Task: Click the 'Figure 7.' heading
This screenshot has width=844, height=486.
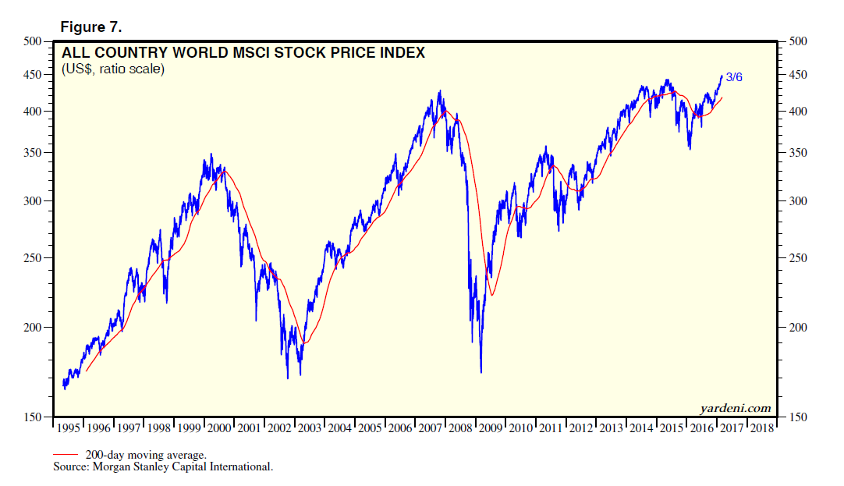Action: [x=90, y=27]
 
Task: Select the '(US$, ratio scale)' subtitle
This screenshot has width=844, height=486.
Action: [x=112, y=70]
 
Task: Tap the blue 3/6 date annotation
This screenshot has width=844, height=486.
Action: [x=734, y=77]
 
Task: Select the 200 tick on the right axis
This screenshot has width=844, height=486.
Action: [x=797, y=328]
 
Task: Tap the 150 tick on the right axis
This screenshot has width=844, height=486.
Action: [x=797, y=418]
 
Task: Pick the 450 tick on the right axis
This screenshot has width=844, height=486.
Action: [x=797, y=75]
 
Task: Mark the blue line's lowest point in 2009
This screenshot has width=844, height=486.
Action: [x=481, y=372]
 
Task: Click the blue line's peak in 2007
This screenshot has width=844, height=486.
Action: [x=441, y=91]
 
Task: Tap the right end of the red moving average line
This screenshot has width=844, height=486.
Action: [x=722, y=98]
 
